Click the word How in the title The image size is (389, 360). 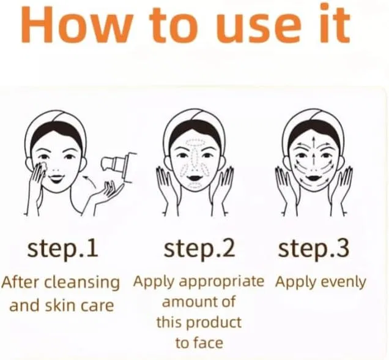click(75, 25)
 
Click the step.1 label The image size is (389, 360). click(62, 249)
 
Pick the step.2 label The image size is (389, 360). click(199, 249)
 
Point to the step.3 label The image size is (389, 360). click(314, 249)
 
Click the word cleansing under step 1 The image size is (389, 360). click(83, 283)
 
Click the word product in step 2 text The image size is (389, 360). click(213, 323)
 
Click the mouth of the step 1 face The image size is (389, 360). click(57, 178)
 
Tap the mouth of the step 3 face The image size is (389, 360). click(314, 178)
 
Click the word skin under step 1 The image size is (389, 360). click(61, 305)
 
